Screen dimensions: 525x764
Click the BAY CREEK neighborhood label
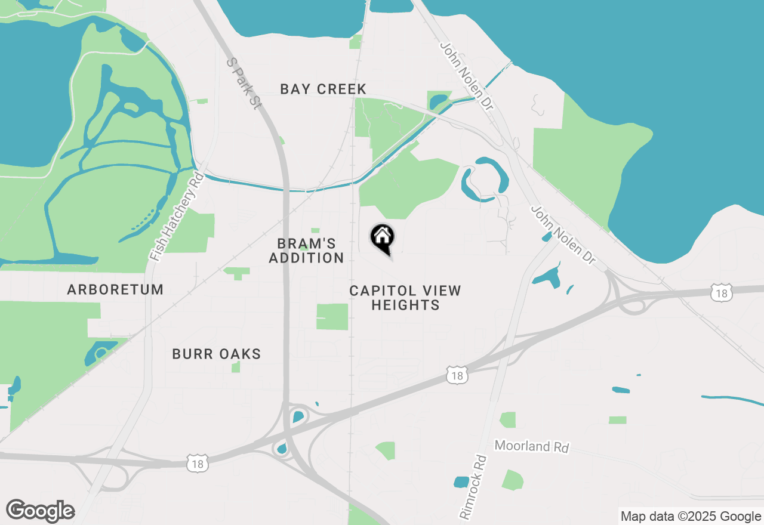(x=323, y=89)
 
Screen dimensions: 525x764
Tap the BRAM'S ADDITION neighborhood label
(x=307, y=251)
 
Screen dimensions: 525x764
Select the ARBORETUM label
(x=115, y=290)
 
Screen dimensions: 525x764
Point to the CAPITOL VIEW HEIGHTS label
(x=405, y=298)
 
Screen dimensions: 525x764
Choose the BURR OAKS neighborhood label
(x=217, y=354)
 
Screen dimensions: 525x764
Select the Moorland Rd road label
(x=532, y=446)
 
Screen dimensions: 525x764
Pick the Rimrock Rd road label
(x=473, y=486)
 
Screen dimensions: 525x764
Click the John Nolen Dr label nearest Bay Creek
(x=467, y=76)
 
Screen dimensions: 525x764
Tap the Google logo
(x=41, y=511)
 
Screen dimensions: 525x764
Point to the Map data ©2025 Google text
(x=691, y=517)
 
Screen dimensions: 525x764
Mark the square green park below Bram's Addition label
(x=332, y=317)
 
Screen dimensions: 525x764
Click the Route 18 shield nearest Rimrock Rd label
(x=457, y=375)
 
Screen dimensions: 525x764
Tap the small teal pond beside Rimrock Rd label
(x=461, y=481)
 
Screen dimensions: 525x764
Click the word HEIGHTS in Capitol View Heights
(x=405, y=305)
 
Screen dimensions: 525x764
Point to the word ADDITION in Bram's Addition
(x=307, y=258)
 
